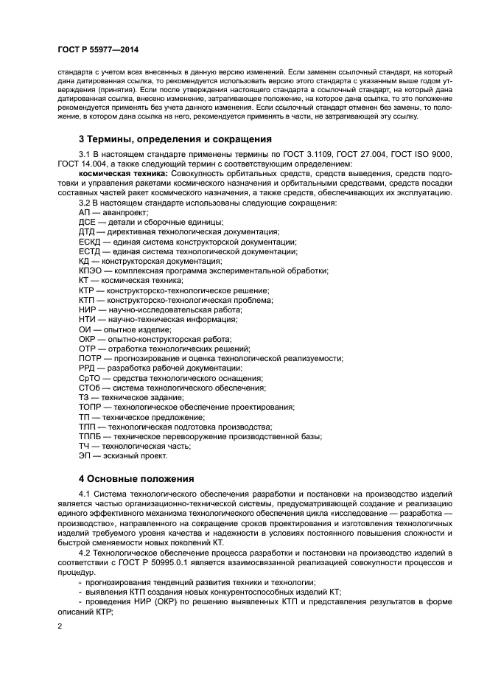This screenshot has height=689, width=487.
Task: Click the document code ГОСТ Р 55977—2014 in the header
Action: (98, 49)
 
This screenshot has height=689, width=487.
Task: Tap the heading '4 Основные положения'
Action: (136, 478)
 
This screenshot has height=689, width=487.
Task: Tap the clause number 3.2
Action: (85, 203)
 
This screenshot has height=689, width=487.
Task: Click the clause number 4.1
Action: (85, 493)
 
